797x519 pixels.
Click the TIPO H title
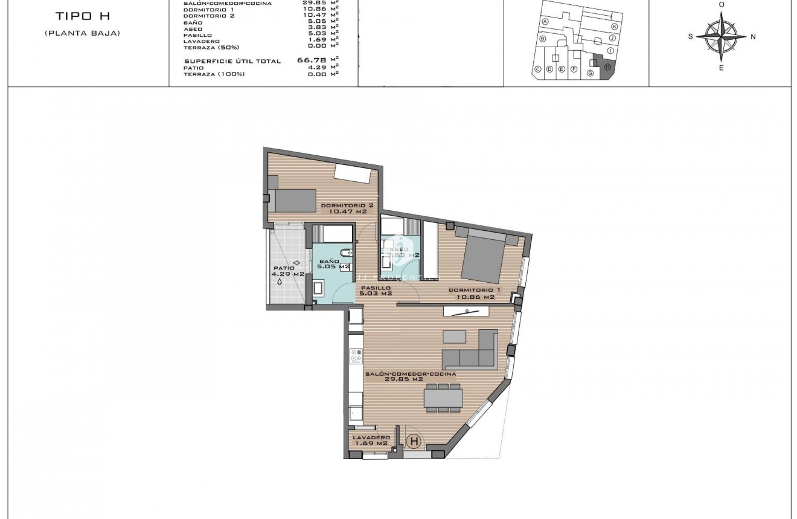(x=82, y=16)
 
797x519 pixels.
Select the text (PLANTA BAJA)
(x=82, y=33)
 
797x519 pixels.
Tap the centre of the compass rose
(x=721, y=37)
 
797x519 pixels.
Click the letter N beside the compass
(x=753, y=37)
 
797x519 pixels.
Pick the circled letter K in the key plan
(x=614, y=27)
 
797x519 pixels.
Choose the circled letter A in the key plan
(x=545, y=21)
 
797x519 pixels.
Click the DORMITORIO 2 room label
(x=347, y=208)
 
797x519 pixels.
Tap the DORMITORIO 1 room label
(x=471, y=294)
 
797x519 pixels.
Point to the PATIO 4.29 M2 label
(x=287, y=271)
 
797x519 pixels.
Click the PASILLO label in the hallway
(x=376, y=291)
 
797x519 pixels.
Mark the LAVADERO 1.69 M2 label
(x=370, y=440)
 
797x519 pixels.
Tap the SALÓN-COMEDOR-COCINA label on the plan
(x=410, y=376)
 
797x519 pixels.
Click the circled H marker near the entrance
(x=414, y=442)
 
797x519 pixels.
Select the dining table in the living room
(x=443, y=398)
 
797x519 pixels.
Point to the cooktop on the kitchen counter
(x=356, y=357)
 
